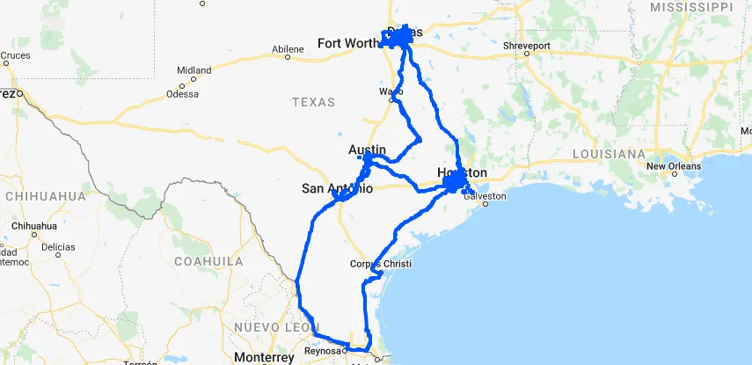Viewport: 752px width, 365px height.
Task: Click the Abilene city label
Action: [288, 49]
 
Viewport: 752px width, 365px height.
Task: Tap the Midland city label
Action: [193, 70]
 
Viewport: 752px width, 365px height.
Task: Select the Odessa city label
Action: [182, 94]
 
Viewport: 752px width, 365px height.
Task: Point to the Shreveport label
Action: [527, 45]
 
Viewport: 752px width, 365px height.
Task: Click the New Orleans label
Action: [674, 165]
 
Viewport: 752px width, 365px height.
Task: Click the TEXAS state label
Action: [314, 102]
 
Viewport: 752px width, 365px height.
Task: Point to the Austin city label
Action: [367, 149]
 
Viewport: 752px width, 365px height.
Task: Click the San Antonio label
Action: [337, 188]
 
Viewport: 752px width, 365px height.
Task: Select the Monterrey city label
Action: [264, 358]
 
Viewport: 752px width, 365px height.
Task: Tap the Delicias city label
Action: [59, 247]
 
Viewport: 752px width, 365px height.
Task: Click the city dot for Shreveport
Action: [526, 54]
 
